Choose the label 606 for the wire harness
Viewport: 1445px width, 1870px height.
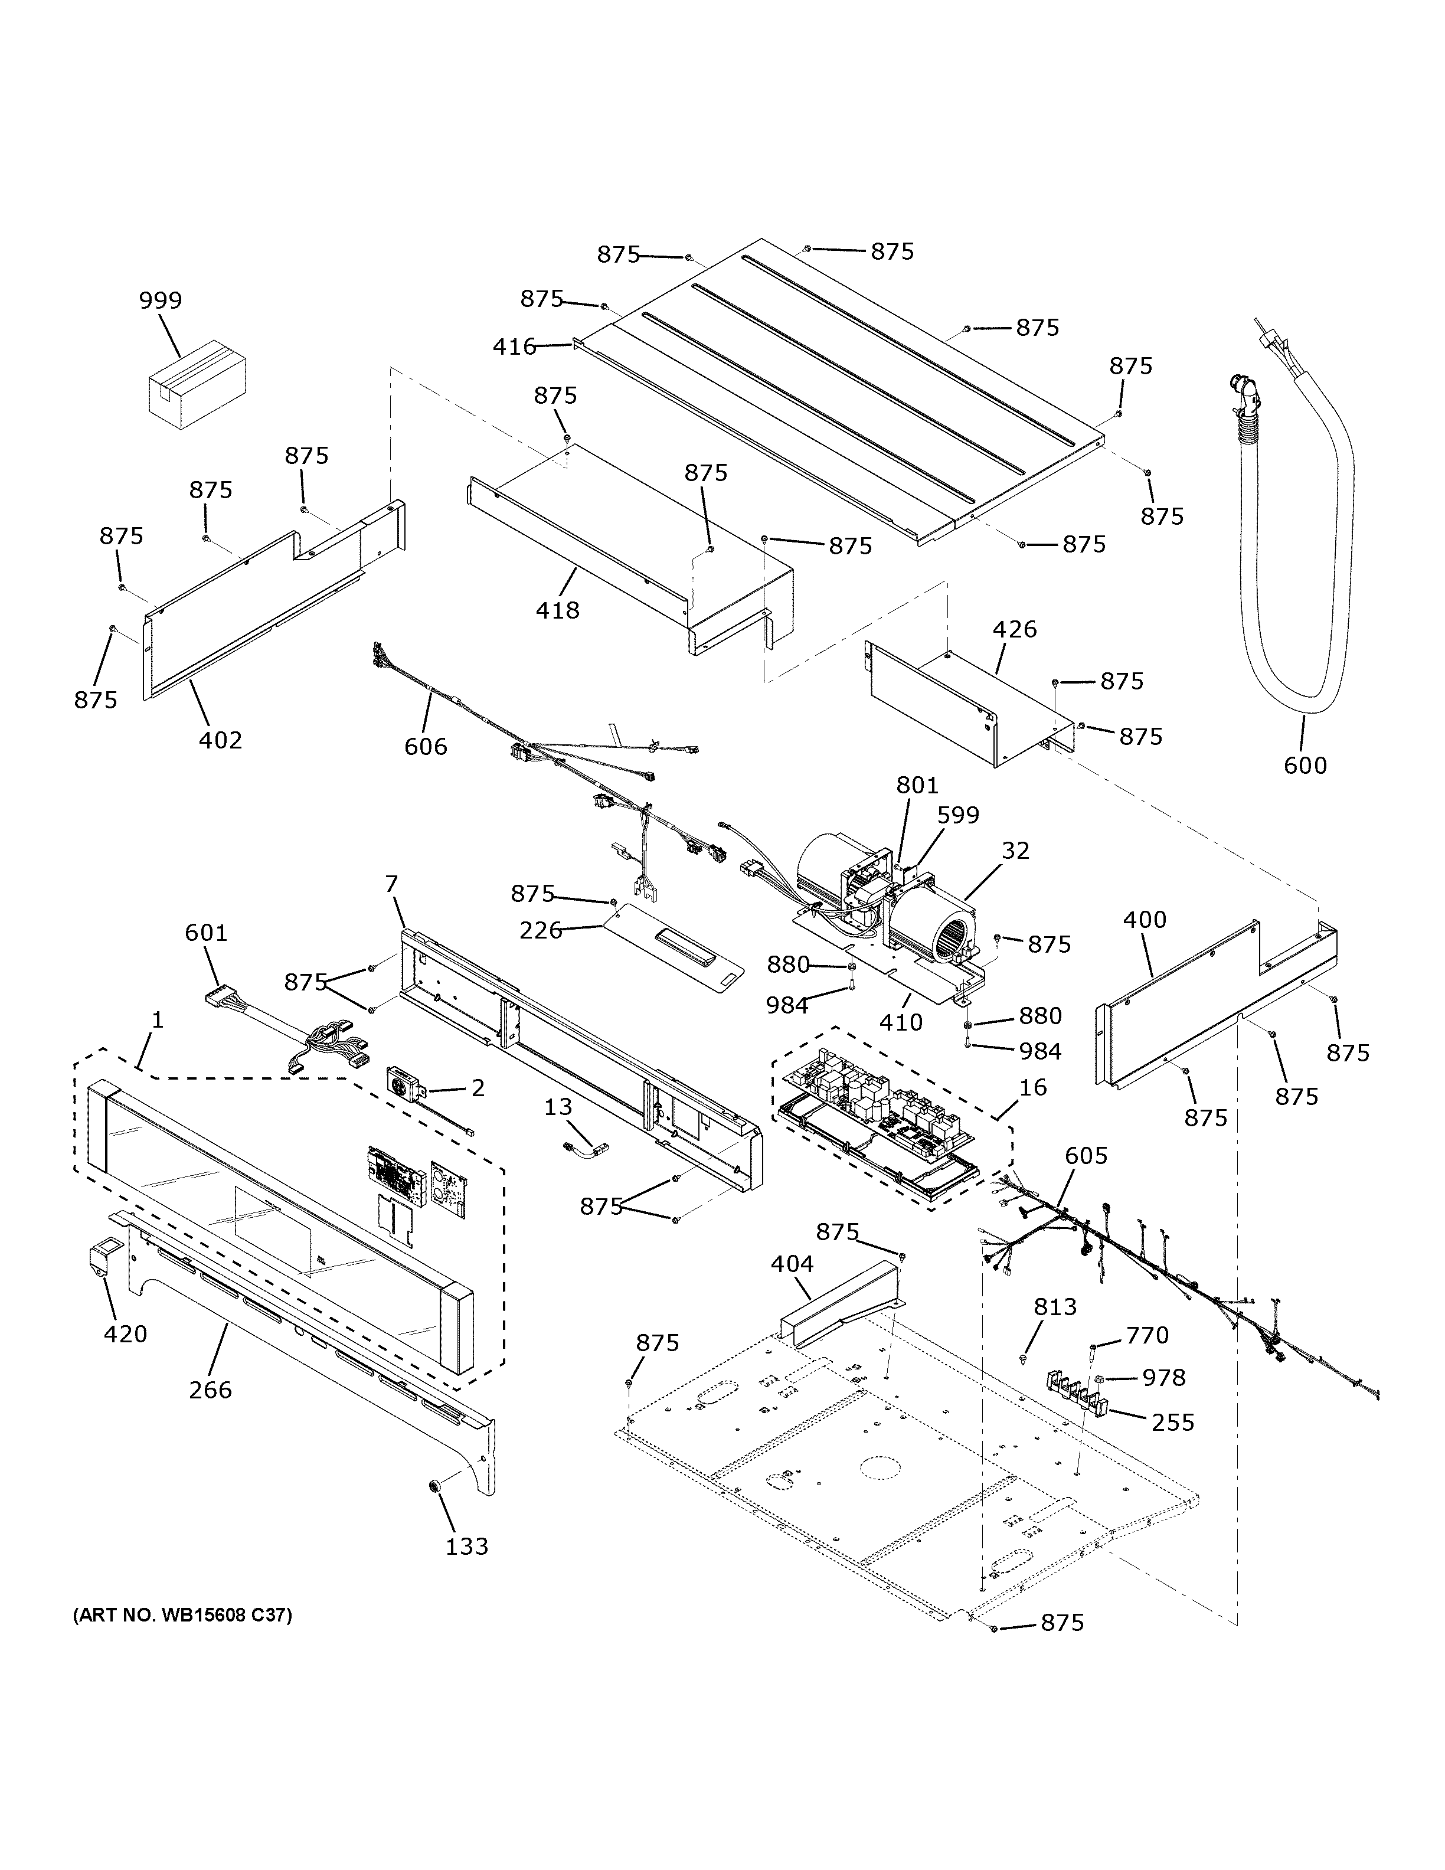point(426,747)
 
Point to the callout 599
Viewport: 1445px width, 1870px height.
point(958,815)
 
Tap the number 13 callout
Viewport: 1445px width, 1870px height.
point(558,1107)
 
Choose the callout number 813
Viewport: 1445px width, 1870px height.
point(1055,1307)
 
